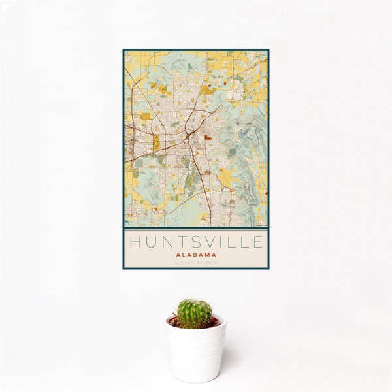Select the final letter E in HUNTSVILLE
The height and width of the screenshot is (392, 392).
(x=259, y=242)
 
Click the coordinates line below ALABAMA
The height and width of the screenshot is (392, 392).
(x=196, y=263)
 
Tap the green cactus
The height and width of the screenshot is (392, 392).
(x=195, y=313)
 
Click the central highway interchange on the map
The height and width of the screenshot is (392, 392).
(x=187, y=137)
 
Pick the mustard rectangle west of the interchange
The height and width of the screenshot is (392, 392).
(x=156, y=142)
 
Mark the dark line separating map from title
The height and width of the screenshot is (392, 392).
(x=196, y=228)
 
